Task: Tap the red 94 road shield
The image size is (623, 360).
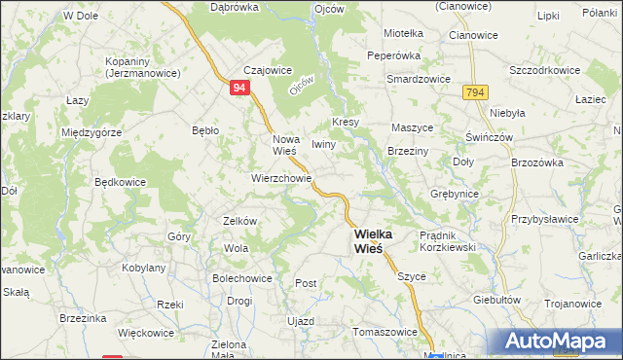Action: coord(239,88)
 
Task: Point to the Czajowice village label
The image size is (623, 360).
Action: coord(240,69)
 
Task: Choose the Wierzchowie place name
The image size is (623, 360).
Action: coord(281,179)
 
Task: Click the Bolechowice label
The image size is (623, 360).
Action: coord(236,277)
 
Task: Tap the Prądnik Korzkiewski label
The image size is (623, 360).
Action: coord(447,240)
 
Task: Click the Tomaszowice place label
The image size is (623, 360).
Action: coord(385,331)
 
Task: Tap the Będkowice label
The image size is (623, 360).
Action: coord(121,182)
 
